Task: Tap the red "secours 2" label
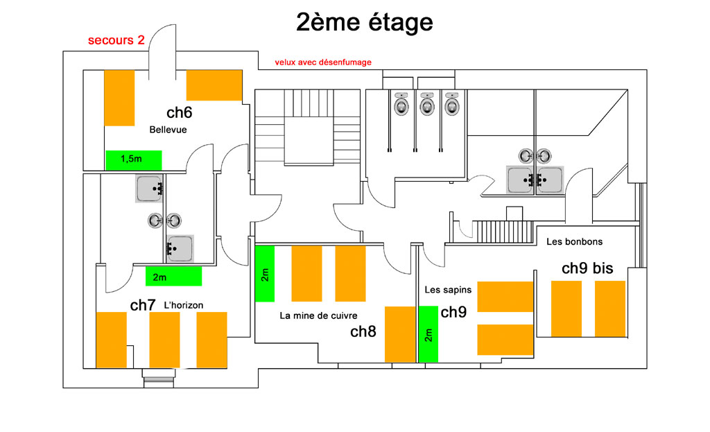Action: pyautogui.click(x=116, y=40)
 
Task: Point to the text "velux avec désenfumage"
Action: pyautogui.click(x=323, y=62)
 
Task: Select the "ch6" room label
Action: pyautogui.click(x=180, y=112)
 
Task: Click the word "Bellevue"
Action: pyautogui.click(x=168, y=130)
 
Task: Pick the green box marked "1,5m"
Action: pyautogui.click(x=134, y=160)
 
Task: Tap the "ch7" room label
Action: pyautogui.click(x=143, y=305)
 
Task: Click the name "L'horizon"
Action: pyautogui.click(x=183, y=305)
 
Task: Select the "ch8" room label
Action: pyautogui.click(x=363, y=331)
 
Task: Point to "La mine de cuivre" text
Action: pyautogui.click(x=318, y=316)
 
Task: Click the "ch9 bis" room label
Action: pyautogui.click(x=587, y=268)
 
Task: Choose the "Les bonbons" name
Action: pyautogui.click(x=574, y=242)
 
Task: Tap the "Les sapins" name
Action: pyautogui.click(x=448, y=290)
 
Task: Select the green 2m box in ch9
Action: pyautogui.click(x=428, y=334)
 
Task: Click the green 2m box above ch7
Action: pyautogui.click(x=173, y=276)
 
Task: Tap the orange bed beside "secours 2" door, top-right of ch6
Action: pyautogui.click(x=214, y=85)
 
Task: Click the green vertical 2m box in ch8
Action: pyautogui.click(x=265, y=273)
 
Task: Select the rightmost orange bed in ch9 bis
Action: pyautogui.click(x=610, y=309)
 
